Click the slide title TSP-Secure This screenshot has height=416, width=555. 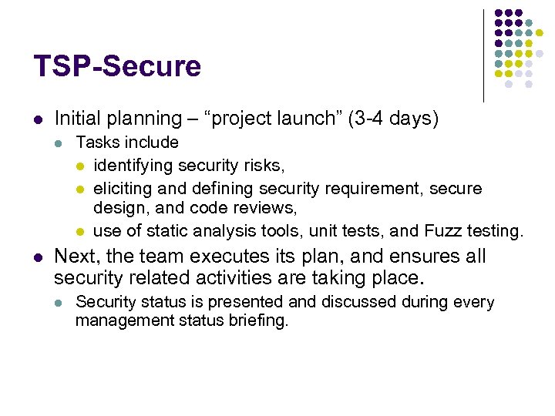tap(117, 66)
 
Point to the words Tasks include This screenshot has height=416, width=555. tap(127, 143)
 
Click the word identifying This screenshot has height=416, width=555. tap(133, 165)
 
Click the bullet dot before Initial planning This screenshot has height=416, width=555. tap(38, 119)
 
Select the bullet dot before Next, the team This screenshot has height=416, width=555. tap(38, 257)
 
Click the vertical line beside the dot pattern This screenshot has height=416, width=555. tap(483, 55)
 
